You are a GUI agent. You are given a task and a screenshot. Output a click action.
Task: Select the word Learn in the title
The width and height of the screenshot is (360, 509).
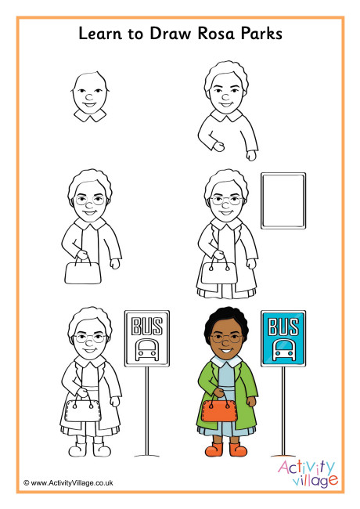(x=101, y=34)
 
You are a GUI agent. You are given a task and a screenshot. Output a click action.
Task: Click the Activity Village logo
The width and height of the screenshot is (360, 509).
(x=308, y=472)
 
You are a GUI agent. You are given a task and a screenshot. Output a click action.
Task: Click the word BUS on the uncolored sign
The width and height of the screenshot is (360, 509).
(x=146, y=325)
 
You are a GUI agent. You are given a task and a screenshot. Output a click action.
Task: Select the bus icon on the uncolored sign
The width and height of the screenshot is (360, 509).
(x=146, y=348)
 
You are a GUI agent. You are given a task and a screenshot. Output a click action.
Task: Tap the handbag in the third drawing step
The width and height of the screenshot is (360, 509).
(x=79, y=272)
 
